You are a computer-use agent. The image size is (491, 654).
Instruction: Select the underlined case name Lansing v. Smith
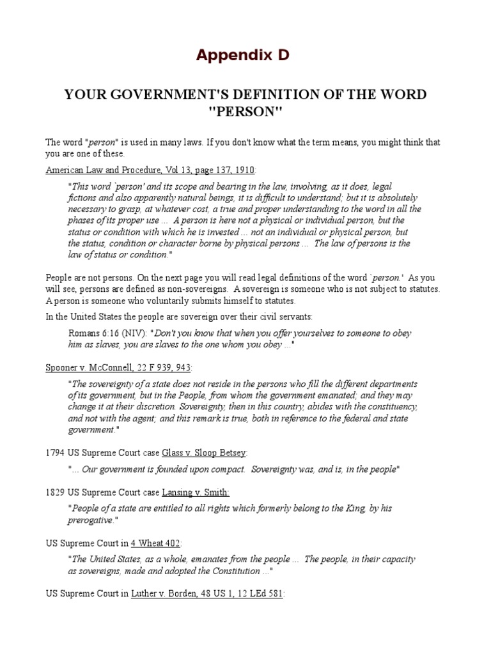(x=196, y=492)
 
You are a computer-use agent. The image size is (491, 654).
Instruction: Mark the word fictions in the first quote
(x=82, y=198)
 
